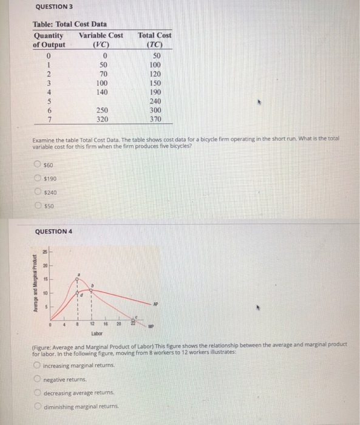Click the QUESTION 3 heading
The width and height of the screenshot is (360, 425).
click(53, 7)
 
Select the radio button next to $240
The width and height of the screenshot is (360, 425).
click(38, 192)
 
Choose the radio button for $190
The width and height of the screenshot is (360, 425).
click(38, 178)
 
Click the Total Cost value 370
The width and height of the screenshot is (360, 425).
click(155, 119)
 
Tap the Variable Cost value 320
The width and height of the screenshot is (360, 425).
click(103, 119)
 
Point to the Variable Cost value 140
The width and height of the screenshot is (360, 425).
click(103, 92)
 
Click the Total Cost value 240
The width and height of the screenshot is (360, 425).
click(155, 101)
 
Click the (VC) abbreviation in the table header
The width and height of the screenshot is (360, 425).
click(103, 44)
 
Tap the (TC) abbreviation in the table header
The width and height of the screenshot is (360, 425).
click(155, 44)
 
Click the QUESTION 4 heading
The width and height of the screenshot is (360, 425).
click(53, 231)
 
